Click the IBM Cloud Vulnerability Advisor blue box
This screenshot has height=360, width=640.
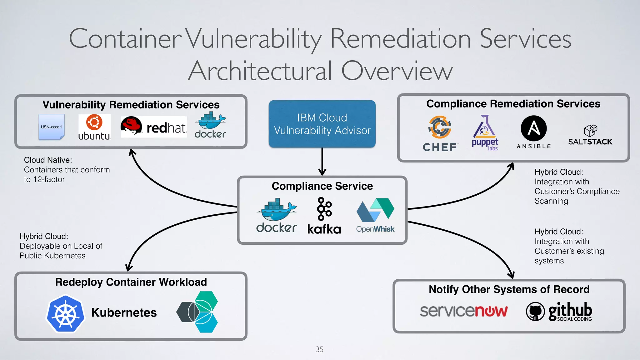pos(322,124)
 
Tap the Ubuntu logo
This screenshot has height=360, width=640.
pos(94,127)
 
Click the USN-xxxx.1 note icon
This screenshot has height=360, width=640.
pos(52,127)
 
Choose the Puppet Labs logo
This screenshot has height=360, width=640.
pos(485,133)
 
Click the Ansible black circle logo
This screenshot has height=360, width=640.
pos(533,129)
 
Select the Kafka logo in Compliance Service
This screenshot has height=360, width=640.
pos(324,216)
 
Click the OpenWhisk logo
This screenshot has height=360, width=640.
pos(375,215)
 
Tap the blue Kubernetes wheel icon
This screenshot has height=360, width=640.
pos(65,313)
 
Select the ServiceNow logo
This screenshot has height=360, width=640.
pos(463,311)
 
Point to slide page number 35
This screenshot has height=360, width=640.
pos(319,349)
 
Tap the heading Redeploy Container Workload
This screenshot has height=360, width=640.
pos(131,282)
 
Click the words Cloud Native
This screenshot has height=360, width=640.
pos(48,160)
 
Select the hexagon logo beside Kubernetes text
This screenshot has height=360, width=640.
pos(197,312)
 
